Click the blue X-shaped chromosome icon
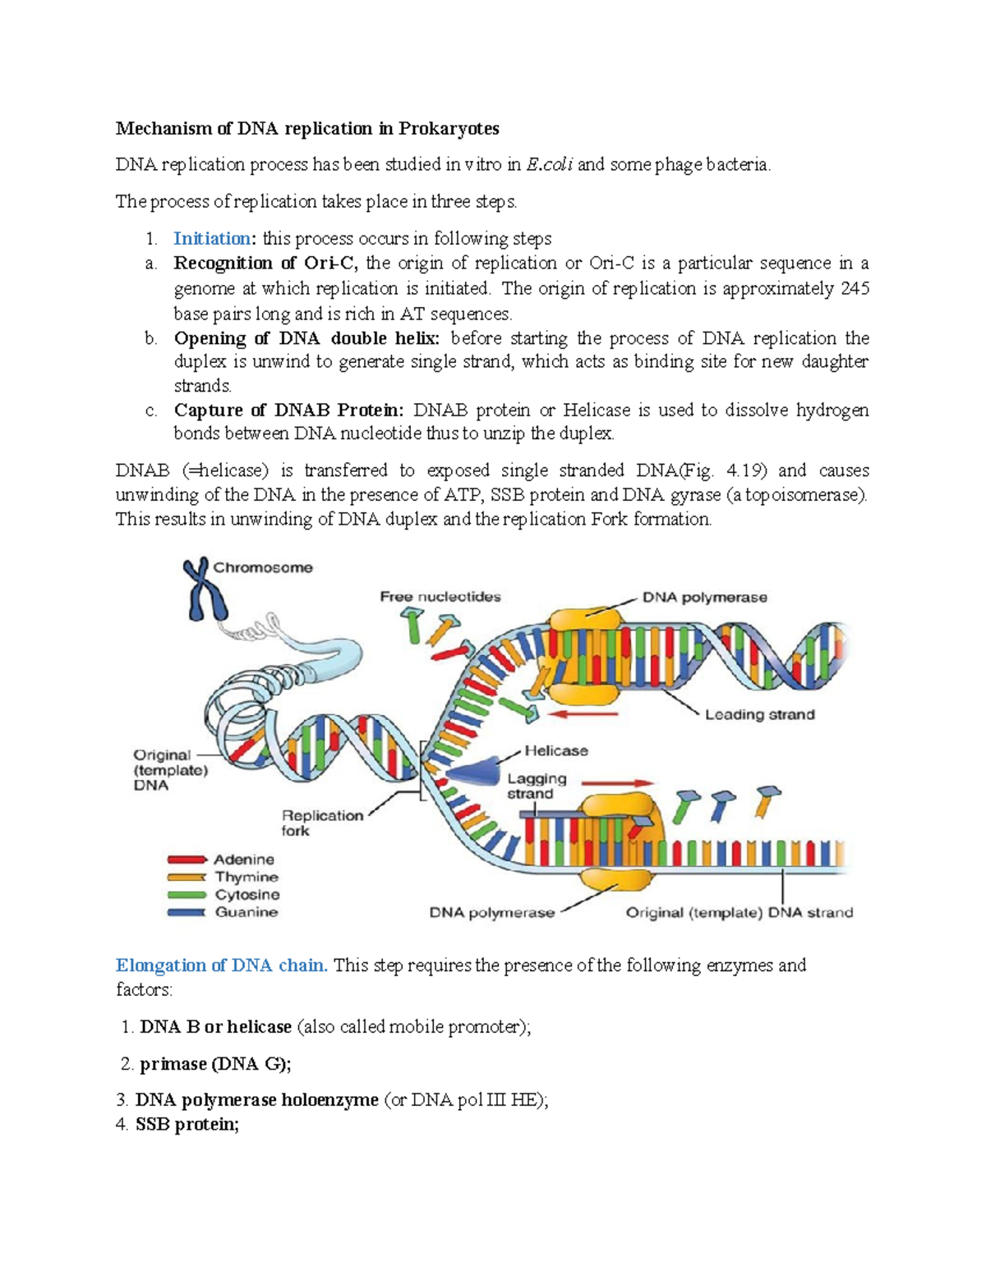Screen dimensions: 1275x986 pos(204,589)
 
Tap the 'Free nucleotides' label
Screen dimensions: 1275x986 pos(440,597)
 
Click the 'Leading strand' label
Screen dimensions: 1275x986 pos(759,714)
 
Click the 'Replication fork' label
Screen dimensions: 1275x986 pos(321,823)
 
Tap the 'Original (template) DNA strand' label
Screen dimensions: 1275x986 pos(739,912)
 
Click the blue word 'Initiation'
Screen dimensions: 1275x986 pos(212,239)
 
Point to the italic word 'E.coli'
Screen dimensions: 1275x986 pos(550,165)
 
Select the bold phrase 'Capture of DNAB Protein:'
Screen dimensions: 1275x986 pos(288,410)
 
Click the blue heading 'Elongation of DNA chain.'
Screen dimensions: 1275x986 pos(222,965)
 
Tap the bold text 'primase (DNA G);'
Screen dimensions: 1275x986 pos(215,1064)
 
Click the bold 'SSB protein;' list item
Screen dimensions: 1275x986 pos(187,1125)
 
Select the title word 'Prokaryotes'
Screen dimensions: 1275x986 pos(449,129)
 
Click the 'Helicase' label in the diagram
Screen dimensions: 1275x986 pos(556,750)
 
